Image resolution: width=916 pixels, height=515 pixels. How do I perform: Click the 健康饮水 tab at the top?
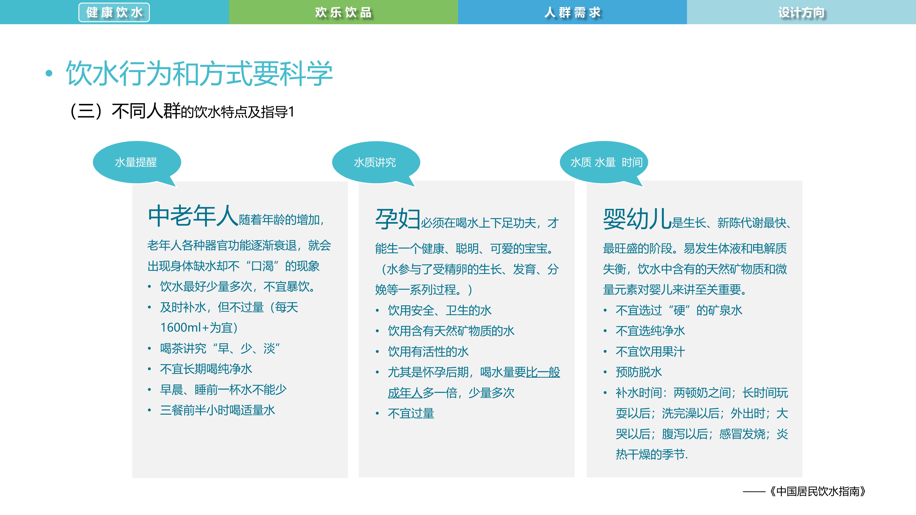click(114, 12)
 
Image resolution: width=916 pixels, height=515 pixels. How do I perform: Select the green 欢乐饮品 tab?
click(343, 12)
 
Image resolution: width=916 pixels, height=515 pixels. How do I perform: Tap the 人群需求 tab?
click(572, 12)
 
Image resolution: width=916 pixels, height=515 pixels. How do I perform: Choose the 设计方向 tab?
click(801, 12)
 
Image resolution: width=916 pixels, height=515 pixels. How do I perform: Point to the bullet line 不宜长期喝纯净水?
click(206, 369)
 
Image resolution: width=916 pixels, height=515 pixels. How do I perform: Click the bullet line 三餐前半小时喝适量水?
click(217, 410)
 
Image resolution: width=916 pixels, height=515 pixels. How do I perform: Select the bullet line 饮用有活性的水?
click(428, 351)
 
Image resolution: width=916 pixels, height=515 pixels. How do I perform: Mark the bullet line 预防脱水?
click(639, 372)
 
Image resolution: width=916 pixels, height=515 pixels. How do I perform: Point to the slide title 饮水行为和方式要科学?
click(199, 74)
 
